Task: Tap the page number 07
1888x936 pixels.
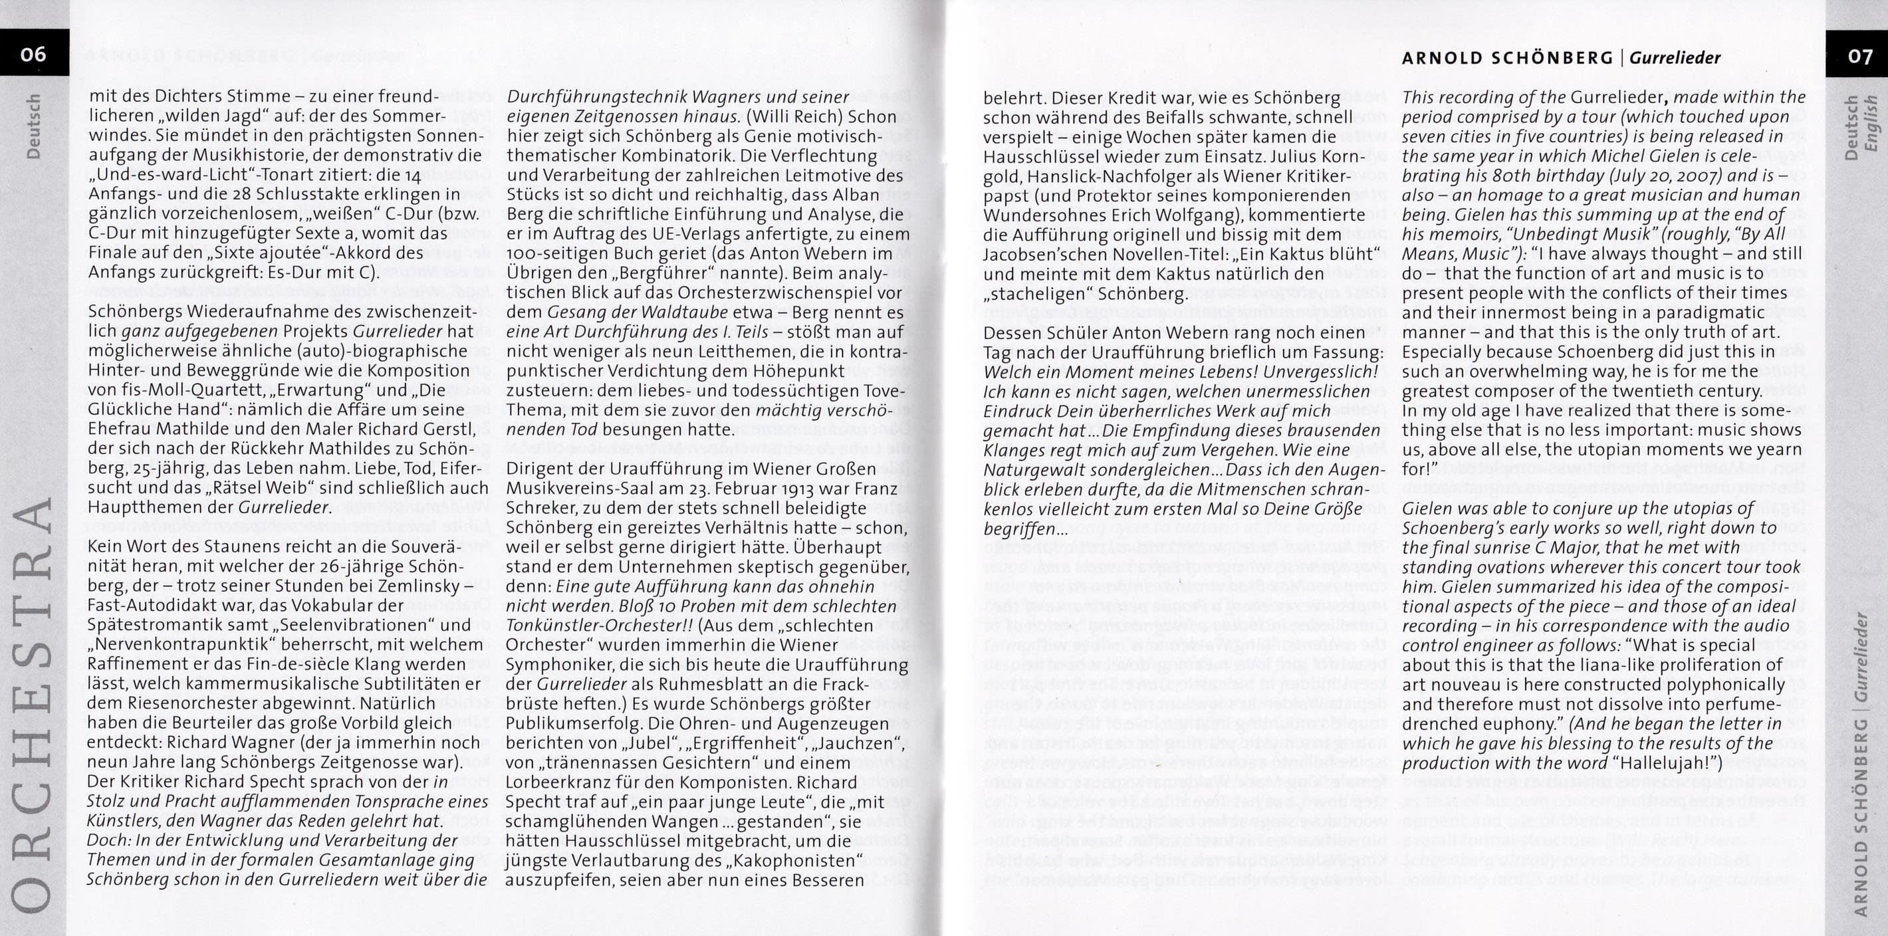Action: pos(1859,57)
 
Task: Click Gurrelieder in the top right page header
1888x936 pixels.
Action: pos(1675,58)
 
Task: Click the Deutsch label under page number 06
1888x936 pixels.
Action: pos(34,126)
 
